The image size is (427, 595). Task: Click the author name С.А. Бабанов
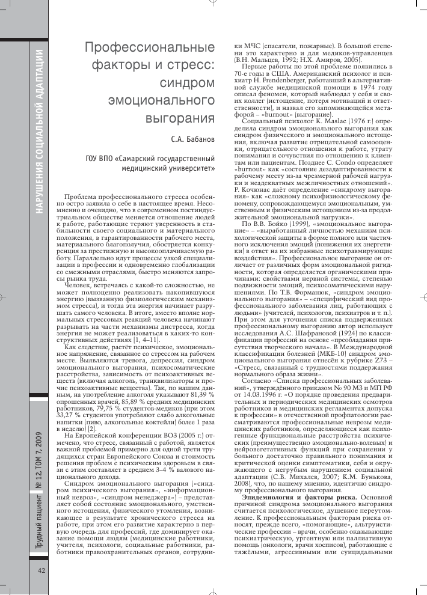tap(194, 139)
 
